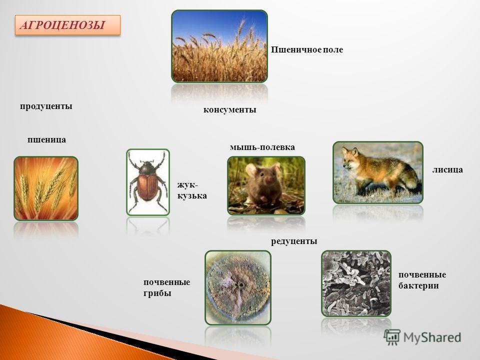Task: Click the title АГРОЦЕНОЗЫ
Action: [x=63, y=25]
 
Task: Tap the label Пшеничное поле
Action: [x=306, y=49]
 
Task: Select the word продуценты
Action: [x=46, y=106]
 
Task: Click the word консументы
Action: [x=229, y=109]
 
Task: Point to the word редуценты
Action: [x=294, y=241]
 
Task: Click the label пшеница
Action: [x=46, y=140]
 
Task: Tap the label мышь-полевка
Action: [x=262, y=147]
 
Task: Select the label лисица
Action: [x=447, y=169]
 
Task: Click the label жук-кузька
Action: [x=192, y=190]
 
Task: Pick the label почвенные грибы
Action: [x=166, y=288]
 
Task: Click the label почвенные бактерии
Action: [x=422, y=280]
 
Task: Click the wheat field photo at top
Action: [x=219, y=46]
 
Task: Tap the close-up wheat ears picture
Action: [x=46, y=188]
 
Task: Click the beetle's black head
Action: [x=147, y=168]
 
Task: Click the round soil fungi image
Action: [x=238, y=288]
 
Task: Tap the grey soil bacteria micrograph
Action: [x=356, y=283]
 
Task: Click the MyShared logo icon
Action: [x=392, y=337]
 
